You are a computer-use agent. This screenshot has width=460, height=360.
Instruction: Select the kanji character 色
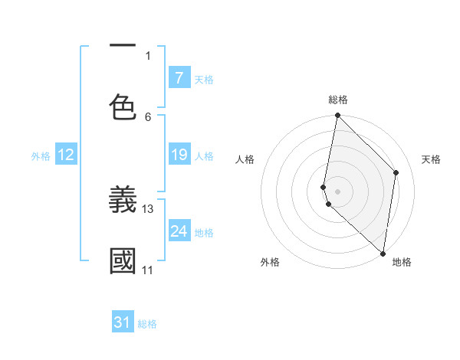[x=123, y=107]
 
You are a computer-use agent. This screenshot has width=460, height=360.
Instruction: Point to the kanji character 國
[x=123, y=261]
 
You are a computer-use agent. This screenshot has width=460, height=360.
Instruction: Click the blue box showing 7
[x=179, y=77]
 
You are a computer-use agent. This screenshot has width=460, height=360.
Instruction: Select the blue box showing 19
[x=179, y=155]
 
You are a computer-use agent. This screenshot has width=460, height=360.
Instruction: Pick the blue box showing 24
[x=179, y=231]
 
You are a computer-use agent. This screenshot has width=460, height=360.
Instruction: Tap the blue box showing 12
[x=66, y=155]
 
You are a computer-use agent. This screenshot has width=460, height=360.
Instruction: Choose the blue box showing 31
[x=123, y=322]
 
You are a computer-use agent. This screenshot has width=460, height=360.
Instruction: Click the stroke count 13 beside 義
[x=148, y=208]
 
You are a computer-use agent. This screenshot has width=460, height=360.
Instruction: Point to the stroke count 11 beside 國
[x=147, y=270]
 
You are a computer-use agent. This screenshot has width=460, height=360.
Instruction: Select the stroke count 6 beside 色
[x=148, y=116]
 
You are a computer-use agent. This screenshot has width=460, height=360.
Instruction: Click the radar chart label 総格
[x=338, y=100]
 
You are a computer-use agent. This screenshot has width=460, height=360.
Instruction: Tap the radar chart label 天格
[x=431, y=159]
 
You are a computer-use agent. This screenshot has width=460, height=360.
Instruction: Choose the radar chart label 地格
[x=402, y=262]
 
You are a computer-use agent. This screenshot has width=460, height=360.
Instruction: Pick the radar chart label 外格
[x=270, y=262]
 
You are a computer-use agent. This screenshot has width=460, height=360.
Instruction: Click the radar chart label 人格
[x=245, y=159]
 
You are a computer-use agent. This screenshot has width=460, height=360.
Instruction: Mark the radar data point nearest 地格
[x=383, y=253]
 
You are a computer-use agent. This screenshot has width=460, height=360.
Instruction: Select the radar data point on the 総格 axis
[x=337, y=116]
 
